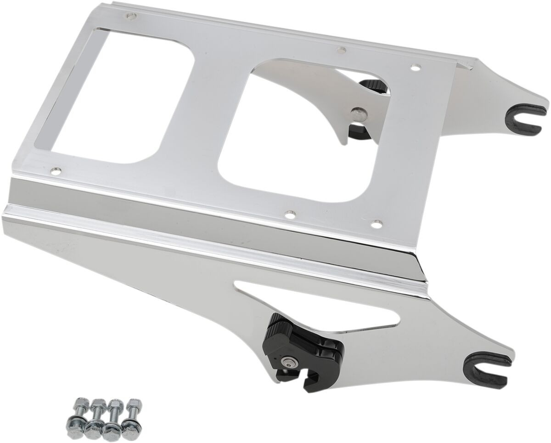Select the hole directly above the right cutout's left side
(340, 48)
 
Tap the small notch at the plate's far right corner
(467, 68)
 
